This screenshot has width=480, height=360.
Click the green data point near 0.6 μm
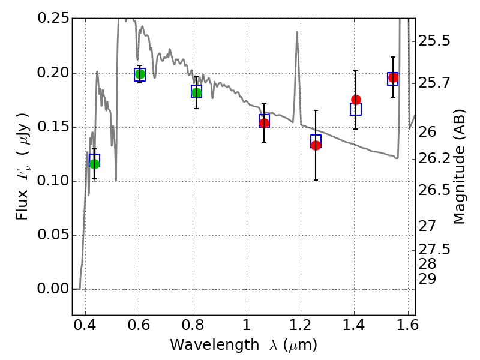point(140,74)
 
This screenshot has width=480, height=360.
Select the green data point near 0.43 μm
point(95,164)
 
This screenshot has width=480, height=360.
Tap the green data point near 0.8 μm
point(197,92)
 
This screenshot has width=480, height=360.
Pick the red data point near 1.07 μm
point(264,123)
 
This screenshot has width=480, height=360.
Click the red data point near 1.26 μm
point(316,145)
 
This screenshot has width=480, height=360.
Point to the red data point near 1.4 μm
point(356,100)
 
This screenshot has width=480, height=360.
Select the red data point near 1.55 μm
point(393,78)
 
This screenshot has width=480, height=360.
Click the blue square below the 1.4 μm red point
point(356,109)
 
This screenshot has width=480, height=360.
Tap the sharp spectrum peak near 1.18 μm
point(297,32)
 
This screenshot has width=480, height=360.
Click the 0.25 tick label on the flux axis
point(53,18)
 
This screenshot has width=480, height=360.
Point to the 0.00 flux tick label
point(53,289)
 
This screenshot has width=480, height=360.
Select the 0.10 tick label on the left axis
point(53,181)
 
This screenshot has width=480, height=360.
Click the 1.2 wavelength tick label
point(301,325)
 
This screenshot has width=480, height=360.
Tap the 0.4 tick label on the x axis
point(85,325)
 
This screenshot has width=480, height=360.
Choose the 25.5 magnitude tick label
point(434,40)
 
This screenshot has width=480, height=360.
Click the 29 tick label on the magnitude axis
point(427,279)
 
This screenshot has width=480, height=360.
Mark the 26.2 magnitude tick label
point(434,158)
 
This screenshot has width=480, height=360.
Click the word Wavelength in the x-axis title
point(215,345)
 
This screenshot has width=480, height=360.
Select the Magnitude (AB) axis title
point(458,167)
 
